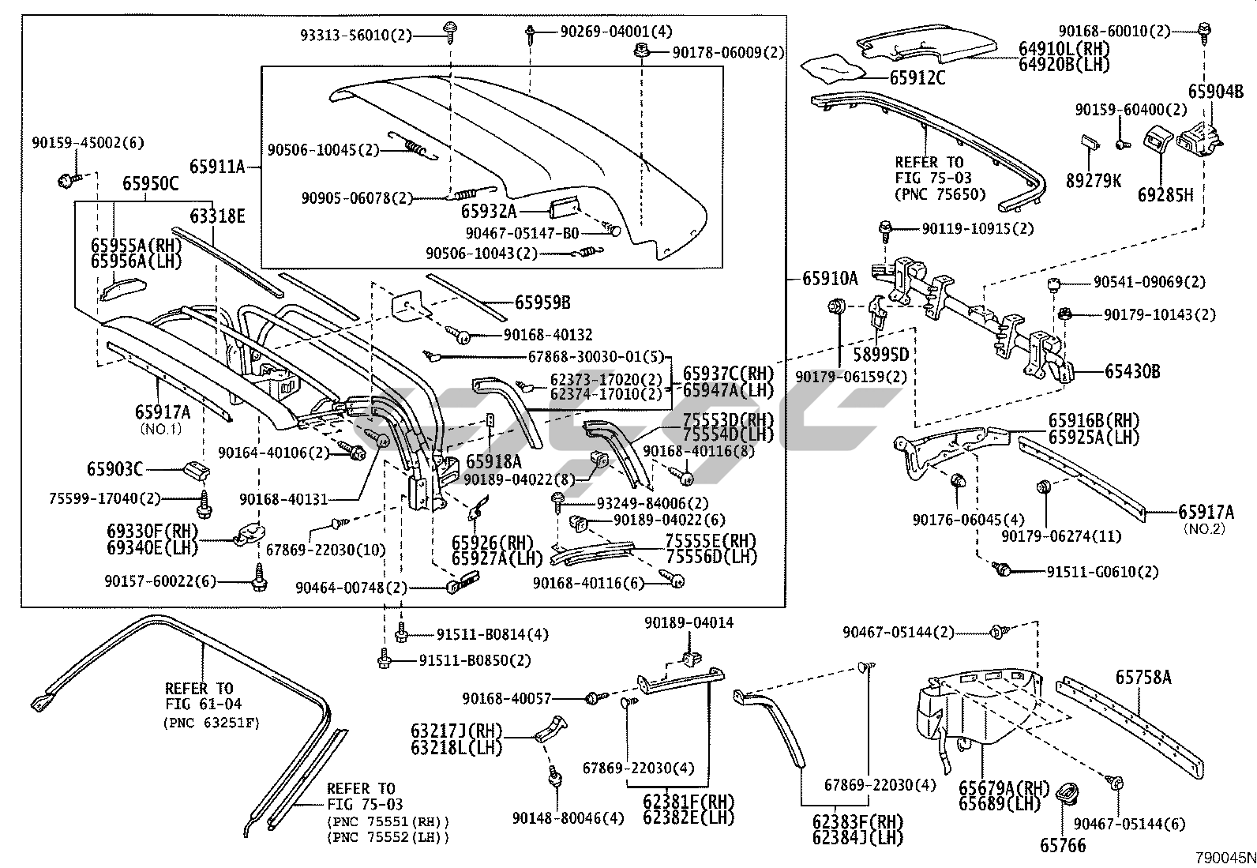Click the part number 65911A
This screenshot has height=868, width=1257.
pyautogui.click(x=217, y=167)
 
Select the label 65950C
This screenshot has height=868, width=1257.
pyautogui.click(x=150, y=183)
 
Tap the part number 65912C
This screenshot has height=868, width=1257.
pyautogui.click(x=917, y=77)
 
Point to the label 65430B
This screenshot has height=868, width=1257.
pyautogui.click(x=1132, y=371)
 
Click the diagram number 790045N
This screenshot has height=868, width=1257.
pyautogui.click(x=1225, y=858)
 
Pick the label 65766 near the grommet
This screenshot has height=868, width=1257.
pyautogui.click(x=1062, y=845)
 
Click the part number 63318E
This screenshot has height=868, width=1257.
pyautogui.click(x=217, y=216)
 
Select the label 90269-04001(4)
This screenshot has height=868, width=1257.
pyautogui.click(x=616, y=32)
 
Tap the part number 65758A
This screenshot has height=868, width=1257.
pyautogui.click(x=1143, y=677)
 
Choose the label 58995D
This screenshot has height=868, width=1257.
pyautogui.click(x=881, y=355)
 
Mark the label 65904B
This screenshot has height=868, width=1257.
pyautogui.click(x=1215, y=91)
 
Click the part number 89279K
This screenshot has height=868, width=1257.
pyautogui.click(x=1093, y=181)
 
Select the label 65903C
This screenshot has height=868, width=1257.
pyautogui.click(x=115, y=469)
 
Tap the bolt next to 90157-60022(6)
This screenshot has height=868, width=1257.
pyautogui.click(x=259, y=579)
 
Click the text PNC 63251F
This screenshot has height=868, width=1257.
pyautogui.click(x=212, y=723)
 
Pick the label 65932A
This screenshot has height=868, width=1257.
pyautogui.click(x=489, y=211)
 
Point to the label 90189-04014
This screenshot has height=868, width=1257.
pyautogui.click(x=689, y=622)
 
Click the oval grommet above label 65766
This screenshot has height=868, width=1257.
pyautogui.click(x=1067, y=794)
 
